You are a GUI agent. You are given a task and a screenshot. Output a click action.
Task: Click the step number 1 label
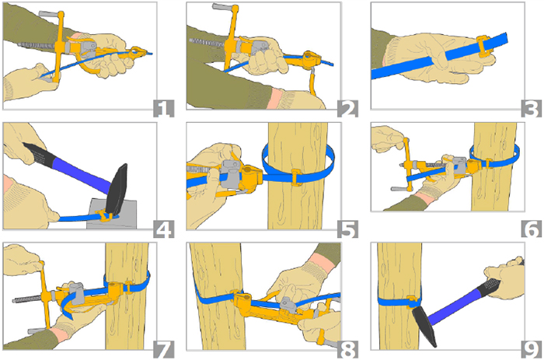(x=164, y=108)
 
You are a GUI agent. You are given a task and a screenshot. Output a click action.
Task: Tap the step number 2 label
(x=347, y=108)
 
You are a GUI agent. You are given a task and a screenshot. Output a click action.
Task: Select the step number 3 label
(x=532, y=108)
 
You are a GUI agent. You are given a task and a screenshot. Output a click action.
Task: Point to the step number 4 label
(x=164, y=229)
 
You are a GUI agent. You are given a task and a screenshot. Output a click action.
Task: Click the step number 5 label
(x=347, y=229)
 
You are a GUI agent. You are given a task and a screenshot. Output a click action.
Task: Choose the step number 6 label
(x=532, y=229)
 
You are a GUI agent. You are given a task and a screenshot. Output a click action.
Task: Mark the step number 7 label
(x=164, y=349)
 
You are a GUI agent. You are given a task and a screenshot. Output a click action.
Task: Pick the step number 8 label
(x=347, y=349)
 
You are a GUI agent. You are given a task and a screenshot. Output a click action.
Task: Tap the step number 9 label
(x=532, y=349)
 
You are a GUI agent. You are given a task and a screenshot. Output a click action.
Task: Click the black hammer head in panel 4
(x=117, y=189)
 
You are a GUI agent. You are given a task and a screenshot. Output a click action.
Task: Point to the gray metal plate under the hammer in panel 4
(x=112, y=213)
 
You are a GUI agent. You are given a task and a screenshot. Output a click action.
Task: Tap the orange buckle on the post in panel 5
(x=295, y=177)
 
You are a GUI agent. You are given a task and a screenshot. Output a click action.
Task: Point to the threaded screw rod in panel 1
(x=37, y=45)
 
